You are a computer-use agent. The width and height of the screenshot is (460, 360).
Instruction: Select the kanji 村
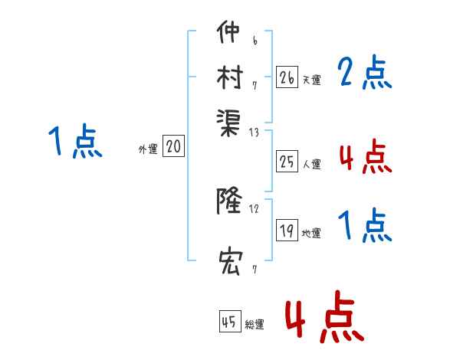pyautogui.click(x=229, y=77)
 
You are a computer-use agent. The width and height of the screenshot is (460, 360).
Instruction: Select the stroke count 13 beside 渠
pyautogui.click(x=254, y=133)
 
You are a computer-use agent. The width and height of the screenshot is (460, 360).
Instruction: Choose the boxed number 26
pyautogui.click(x=287, y=77)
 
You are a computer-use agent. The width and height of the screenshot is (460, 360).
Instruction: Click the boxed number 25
pyautogui.click(x=287, y=162)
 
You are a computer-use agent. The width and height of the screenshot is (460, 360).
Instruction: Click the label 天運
pyautogui.click(x=311, y=80)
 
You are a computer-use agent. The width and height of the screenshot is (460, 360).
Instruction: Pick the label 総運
pyautogui.click(x=255, y=325)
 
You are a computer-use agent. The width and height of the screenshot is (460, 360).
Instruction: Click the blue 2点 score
pyautogui.click(x=364, y=75)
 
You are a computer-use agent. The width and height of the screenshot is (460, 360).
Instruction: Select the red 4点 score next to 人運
pyautogui.click(x=364, y=158)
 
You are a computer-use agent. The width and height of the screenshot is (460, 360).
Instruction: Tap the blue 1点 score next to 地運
pyautogui.click(x=364, y=227)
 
